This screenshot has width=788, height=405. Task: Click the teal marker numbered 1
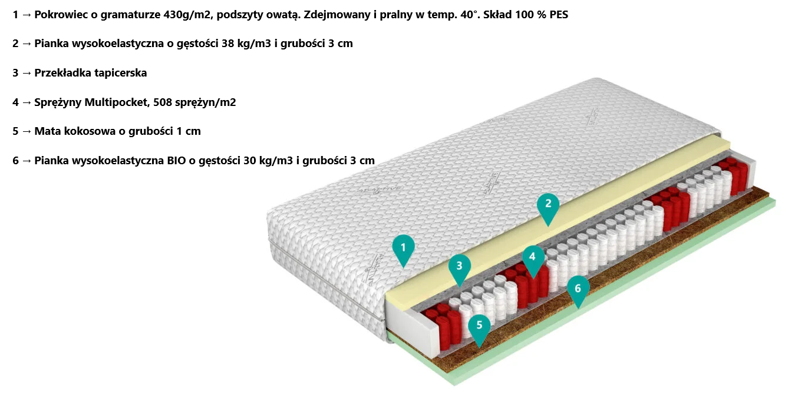403,248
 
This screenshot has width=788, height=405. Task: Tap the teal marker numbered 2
548,204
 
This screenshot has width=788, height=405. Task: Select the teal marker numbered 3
460,265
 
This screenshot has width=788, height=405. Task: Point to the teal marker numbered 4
533,257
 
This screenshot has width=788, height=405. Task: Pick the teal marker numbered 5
480,325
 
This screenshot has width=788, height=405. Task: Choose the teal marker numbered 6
578,288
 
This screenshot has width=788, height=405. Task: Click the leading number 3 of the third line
15,73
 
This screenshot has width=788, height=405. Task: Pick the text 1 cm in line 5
189,131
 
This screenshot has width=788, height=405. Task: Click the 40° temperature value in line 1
466,15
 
